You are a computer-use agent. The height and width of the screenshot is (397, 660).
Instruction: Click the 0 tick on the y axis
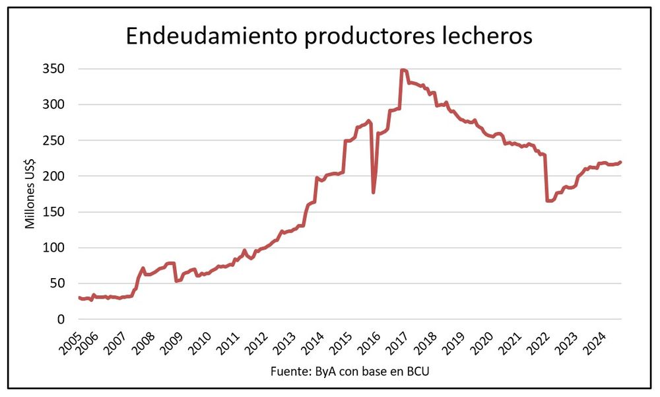[x=61, y=319]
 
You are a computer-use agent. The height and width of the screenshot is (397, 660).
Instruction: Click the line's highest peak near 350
[x=403, y=70]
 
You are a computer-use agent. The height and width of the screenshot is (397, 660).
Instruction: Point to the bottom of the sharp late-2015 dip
[x=374, y=192]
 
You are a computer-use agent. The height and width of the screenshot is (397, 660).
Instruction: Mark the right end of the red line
[x=620, y=162]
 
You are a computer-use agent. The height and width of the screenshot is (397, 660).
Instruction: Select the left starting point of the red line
[x=79, y=298]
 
